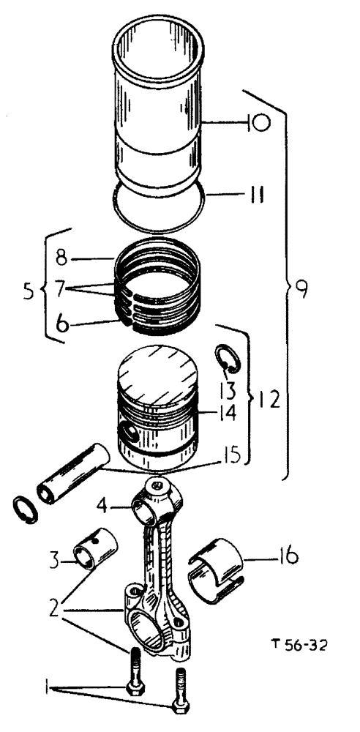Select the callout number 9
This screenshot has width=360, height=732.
click(300, 288)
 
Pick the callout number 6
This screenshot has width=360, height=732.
click(64, 323)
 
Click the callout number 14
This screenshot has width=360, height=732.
click(226, 413)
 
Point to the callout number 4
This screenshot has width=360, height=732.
click(105, 504)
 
